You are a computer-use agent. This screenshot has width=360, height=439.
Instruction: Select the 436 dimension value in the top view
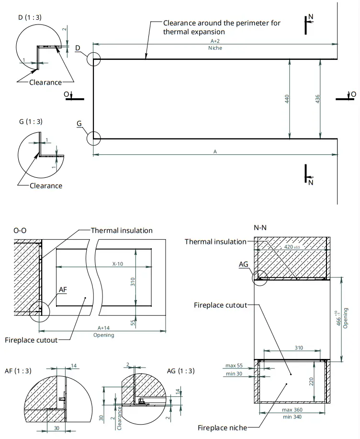pos(317,99)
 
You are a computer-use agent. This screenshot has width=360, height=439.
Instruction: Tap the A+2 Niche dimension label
pos(215,45)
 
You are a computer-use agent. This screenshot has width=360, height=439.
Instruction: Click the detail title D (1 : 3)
pos(30,18)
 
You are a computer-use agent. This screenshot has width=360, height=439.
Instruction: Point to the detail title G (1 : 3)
pos(30,121)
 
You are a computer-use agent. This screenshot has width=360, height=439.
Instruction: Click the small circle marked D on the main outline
pos(94,59)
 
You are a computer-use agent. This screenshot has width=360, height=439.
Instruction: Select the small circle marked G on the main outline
pos(93,139)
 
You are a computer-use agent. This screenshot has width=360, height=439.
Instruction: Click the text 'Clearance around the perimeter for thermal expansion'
pos(221,27)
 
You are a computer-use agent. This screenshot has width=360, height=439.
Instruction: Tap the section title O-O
pos(20,231)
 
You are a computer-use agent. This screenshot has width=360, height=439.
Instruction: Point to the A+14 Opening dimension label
pos(103,332)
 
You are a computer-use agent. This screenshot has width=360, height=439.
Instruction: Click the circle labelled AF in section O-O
pos(39,312)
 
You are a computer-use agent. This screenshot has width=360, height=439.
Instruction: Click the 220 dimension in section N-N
pos(312,381)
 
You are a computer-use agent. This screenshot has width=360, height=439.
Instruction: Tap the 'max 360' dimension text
pos(292,410)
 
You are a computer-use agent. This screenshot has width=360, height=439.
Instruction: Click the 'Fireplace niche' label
pos(222,427)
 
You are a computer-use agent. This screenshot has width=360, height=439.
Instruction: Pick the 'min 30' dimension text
pos(234,373)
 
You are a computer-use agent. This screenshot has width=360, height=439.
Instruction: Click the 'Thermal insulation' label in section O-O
pos(122,231)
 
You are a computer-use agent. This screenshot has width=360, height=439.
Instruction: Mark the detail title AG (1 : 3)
pos(180,371)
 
